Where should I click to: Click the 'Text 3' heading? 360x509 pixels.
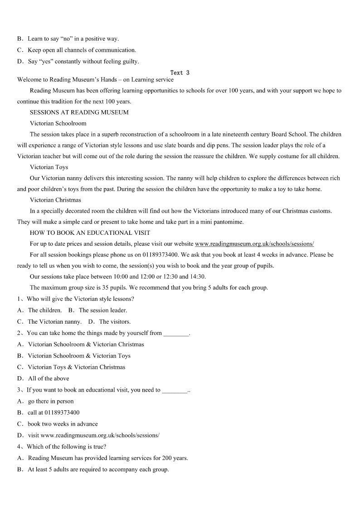click(180, 73)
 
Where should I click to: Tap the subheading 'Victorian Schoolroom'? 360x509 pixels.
click(58, 123)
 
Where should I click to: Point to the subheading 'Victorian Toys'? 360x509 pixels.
click(49, 167)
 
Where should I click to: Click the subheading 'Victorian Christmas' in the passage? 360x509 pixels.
click(55, 200)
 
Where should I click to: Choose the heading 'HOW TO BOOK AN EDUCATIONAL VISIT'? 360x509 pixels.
click(90, 233)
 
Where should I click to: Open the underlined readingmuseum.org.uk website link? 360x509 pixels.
click(254, 244)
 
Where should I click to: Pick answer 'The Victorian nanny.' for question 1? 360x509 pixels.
click(54, 322)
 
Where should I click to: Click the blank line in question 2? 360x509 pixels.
click(175, 334)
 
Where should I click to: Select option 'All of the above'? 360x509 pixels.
click(49, 378)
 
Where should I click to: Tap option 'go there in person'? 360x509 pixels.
click(50, 401)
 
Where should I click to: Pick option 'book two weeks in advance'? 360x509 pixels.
click(63, 424)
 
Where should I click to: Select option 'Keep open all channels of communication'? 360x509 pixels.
click(82, 50)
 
